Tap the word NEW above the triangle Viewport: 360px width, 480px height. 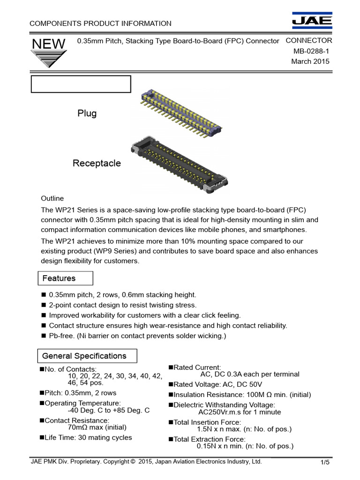(x=48, y=44)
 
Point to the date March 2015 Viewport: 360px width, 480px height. (x=310, y=61)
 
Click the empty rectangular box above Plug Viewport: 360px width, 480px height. (x=81, y=84)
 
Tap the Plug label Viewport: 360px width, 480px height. (x=87, y=113)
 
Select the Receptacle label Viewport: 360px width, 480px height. (x=97, y=163)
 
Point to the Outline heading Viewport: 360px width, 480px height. (x=52, y=198)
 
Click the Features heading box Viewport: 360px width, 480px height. (x=65, y=278)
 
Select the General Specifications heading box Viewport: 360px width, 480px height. (x=87, y=356)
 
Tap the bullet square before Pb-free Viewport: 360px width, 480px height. (x=44, y=336)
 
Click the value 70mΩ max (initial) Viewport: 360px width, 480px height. (x=97, y=427)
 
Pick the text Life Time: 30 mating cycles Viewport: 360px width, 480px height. (x=88, y=437)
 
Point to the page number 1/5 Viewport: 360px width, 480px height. (x=325, y=463)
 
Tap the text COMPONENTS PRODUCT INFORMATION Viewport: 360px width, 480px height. (x=100, y=23)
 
